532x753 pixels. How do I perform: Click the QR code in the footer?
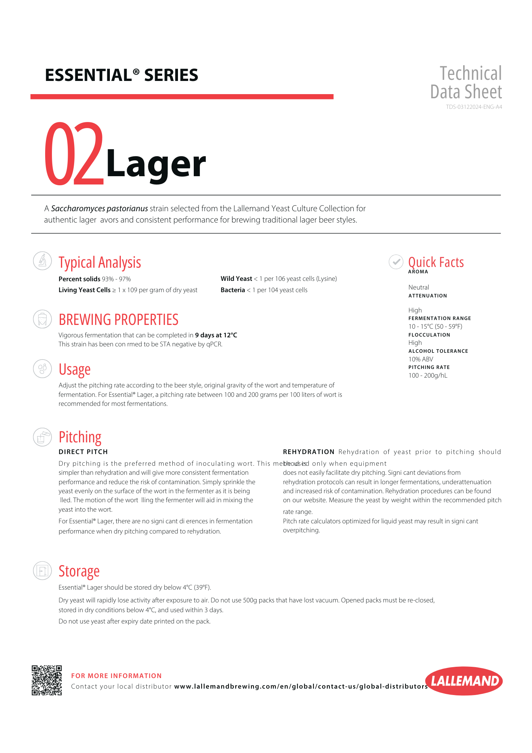pyautogui.click(x=47, y=680)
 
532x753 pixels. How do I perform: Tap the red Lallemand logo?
pyautogui.click(x=464, y=681)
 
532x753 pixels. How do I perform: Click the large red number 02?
pyautogui.click(x=74, y=154)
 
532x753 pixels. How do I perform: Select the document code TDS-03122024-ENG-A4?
pyautogui.click(x=474, y=107)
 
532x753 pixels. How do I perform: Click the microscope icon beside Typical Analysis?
pyautogui.click(x=43, y=261)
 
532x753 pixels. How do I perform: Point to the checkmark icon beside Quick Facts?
pyautogui.click(x=396, y=262)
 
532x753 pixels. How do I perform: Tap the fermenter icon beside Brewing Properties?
pyautogui.click(x=43, y=319)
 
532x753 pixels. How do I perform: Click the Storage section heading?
pyautogui.click(x=79, y=571)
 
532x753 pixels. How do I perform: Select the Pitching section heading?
pyautogui.click(x=80, y=437)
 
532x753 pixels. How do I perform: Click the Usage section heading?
pyautogui.click(x=74, y=370)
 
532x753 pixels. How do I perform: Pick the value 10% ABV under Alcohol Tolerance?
pyautogui.click(x=421, y=359)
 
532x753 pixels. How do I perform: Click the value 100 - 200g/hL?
pyautogui.click(x=428, y=375)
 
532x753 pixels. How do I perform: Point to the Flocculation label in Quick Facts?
pyautogui.click(x=429, y=335)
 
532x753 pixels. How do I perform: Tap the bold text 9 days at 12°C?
pyautogui.click(x=216, y=335)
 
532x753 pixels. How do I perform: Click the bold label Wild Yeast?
pyautogui.click(x=236, y=279)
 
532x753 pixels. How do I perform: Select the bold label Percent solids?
pyautogui.click(x=79, y=279)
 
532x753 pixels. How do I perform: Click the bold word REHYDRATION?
pyautogui.click(x=309, y=452)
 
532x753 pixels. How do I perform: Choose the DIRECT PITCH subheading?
pyautogui.click(x=83, y=452)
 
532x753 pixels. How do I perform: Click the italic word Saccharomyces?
pyautogui.click(x=78, y=209)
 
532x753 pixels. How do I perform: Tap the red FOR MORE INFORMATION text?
pyautogui.click(x=116, y=676)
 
